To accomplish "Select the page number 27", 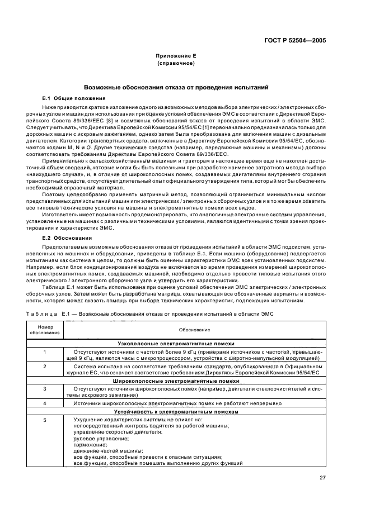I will tap(322, 477).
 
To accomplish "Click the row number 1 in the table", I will tap(44, 351).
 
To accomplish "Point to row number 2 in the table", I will tap(44, 366).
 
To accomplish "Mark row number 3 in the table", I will tap(44, 388).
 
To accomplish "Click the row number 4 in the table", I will tap(44, 403).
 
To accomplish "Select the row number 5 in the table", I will tap(44, 419).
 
